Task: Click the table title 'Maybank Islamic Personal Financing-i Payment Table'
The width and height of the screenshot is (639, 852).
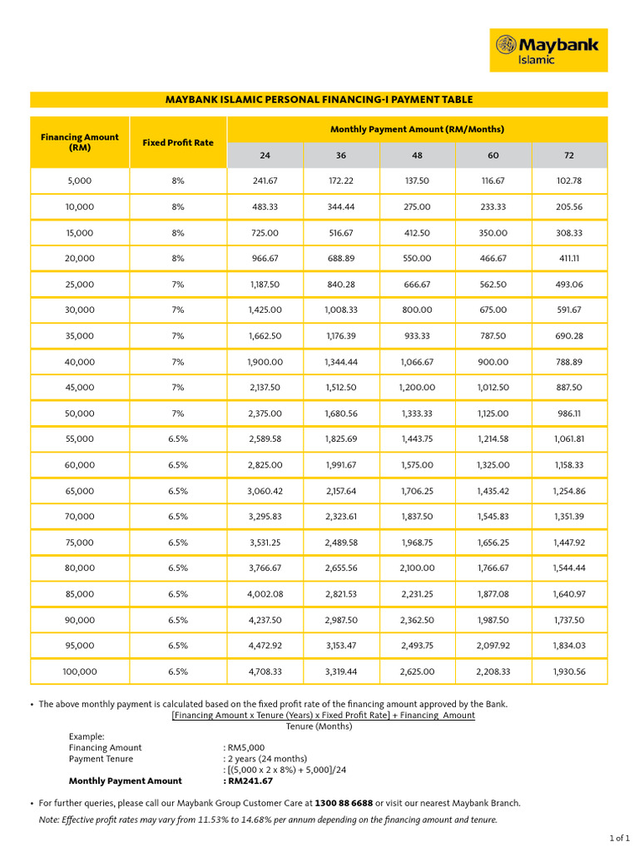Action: pyautogui.click(x=319, y=100)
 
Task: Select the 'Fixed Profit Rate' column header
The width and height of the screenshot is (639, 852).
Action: pyautogui.click(x=178, y=142)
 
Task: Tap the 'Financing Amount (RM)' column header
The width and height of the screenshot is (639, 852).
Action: pyautogui.click(x=80, y=142)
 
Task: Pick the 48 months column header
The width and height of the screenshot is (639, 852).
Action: pyautogui.click(x=417, y=156)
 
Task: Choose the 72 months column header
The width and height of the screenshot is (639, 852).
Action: pyautogui.click(x=570, y=156)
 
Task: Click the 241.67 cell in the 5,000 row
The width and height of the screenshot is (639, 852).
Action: pyautogui.click(x=265, y=181)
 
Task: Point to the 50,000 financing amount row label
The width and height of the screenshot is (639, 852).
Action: pyautogui.click(x=80, y=414)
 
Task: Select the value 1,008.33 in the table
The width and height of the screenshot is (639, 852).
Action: pyautogui.click(x=341, y=310)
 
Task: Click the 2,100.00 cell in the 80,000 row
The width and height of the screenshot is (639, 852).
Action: pyautogui.click(x=417, y=568)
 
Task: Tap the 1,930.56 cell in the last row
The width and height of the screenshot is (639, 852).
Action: pyautogui.click(x=570, y=671)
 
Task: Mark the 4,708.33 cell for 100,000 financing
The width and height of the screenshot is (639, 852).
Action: pyautogui.click(x=265, y=671)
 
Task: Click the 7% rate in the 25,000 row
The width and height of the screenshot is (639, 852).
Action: pyautogui.click(x=178, y=284)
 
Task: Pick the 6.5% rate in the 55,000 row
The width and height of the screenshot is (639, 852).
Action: pyautogui.click(x=178, y=439)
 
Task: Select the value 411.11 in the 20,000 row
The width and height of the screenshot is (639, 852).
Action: pyautogui.click(x=570, y=258)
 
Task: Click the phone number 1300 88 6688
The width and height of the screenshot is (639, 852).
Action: pyautogui.click(x=343, y=804)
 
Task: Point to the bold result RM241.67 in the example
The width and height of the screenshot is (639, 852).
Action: pyautogui.click(x=248, y=781)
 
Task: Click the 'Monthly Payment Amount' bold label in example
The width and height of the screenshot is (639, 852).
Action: pyautogui.click(x=125, y=781)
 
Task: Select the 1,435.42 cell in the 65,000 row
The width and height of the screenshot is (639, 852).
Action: pyautogui.click(x=493, y=491)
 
